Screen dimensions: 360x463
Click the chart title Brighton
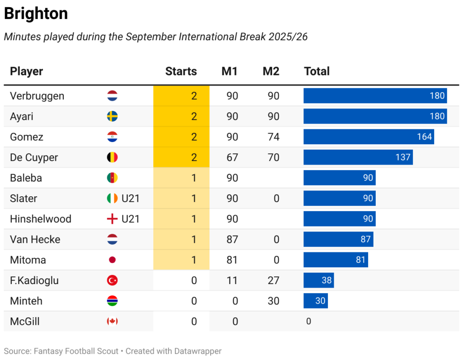click(36, 14)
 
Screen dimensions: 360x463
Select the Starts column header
click(181, 71)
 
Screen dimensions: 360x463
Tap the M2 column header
click(271, 71)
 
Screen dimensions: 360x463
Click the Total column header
click(317, 71)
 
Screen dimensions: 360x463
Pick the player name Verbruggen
click(37, 96)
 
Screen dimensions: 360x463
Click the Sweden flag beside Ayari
click(112, 117)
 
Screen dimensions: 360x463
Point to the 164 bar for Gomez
click(369, 137)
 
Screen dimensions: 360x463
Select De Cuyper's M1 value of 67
click(232, 157)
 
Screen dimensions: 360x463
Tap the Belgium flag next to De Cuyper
click(112, 157)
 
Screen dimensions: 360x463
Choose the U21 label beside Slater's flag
click(130, 199)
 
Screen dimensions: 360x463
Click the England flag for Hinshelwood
click(112, 219)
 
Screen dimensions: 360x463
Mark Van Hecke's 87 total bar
click(338, 240)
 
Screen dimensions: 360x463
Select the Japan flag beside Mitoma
click(112, 260)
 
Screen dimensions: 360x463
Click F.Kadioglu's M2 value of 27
click(273, 280)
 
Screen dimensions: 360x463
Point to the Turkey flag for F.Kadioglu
click(112, 280)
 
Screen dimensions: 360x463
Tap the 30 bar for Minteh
click(316, 301)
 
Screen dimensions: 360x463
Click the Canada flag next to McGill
click(112, 322)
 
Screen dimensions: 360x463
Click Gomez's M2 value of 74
click(273, 137)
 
